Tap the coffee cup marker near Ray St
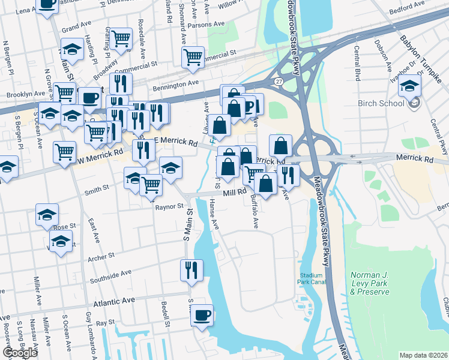[202, 314]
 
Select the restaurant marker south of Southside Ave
[191, 269]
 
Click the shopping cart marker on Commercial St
[193, 57]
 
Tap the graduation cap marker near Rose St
[47, 214]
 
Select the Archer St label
[100, 256]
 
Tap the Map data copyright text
[423, 355]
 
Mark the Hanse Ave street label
[214, 215]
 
